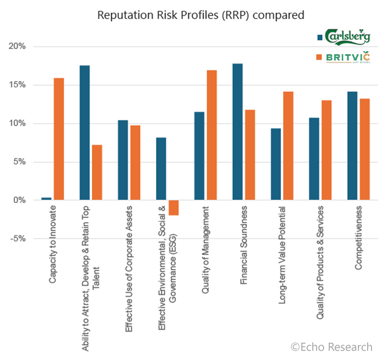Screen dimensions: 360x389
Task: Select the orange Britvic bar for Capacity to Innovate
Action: click(x=58, y=139)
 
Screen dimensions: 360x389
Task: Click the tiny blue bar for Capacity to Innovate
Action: click(x=47, y=199)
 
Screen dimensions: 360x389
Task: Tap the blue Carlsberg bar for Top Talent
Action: click(x=85, y=133)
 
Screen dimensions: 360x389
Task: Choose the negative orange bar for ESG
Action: click(x=174, y=207)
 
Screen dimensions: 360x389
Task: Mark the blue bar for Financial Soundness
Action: click(x=238, y=132)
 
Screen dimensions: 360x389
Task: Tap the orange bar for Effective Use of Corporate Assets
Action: click(x=135, y=163)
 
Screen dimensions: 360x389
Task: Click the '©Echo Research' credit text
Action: click(x=332, y=347)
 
